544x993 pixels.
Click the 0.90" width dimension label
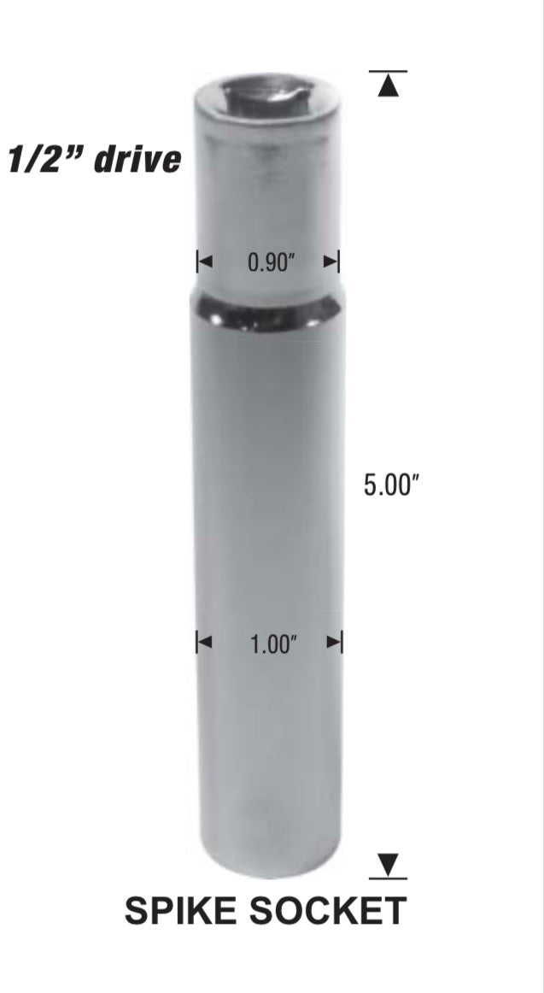point(271,262)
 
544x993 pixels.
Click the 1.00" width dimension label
point(272,645)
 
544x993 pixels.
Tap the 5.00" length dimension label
point(391,485)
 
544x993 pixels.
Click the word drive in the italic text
point(137,159)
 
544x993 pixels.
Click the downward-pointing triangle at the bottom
point(389,865)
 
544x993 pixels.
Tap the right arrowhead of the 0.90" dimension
point(332,261)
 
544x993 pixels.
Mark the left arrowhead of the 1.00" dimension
point(204,643)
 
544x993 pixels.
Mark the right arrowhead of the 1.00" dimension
point(334,643)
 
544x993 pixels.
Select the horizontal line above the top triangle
point(389,71)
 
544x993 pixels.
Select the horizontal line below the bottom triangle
point(389,878)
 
